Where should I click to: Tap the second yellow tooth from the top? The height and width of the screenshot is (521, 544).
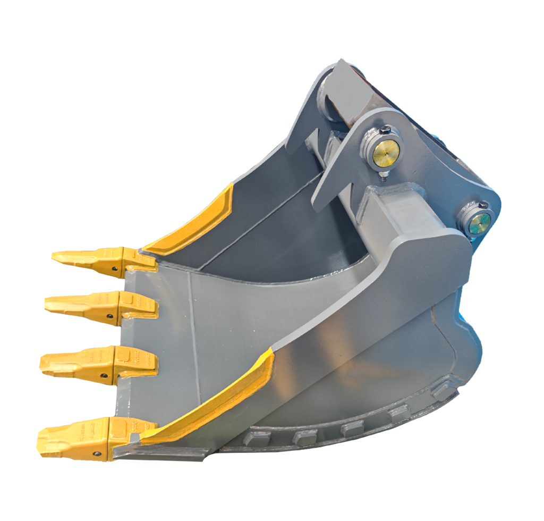(90, 305)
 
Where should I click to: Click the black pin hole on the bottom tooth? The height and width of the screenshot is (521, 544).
(97, 453)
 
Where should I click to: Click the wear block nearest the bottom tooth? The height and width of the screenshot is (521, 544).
(255, 439)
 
